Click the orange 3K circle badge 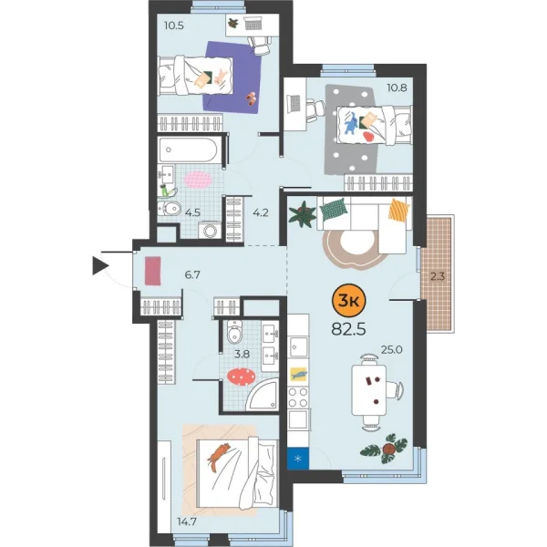pos(348,300)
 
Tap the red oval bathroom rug pos(241,376)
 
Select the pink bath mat pos(198,178)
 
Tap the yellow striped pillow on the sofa pos(398,211)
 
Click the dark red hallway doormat pos(152,270)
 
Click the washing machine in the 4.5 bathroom pos(211,231)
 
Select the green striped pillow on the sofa pos(334,209)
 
